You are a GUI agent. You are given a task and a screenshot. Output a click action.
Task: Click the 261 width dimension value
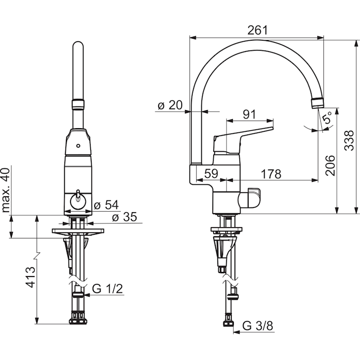tap(258, 30)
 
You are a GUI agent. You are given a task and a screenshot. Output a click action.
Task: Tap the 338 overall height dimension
tap(349, 140)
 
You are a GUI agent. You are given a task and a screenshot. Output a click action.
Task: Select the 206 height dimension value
tap(330, 165)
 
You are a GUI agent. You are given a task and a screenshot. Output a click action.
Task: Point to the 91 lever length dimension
tap(249, 114)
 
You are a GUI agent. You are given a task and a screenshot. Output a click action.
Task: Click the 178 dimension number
tap(271, 174)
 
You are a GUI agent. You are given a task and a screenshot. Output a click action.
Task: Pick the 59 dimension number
tap(211, 174)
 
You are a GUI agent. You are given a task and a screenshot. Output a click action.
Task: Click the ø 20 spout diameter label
tap(170, 105)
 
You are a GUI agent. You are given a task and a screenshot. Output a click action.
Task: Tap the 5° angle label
tap(327, 118)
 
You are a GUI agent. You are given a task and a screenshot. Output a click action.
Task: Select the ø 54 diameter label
tap(106, 205)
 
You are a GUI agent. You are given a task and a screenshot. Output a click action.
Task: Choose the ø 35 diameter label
tap(125, 217)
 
